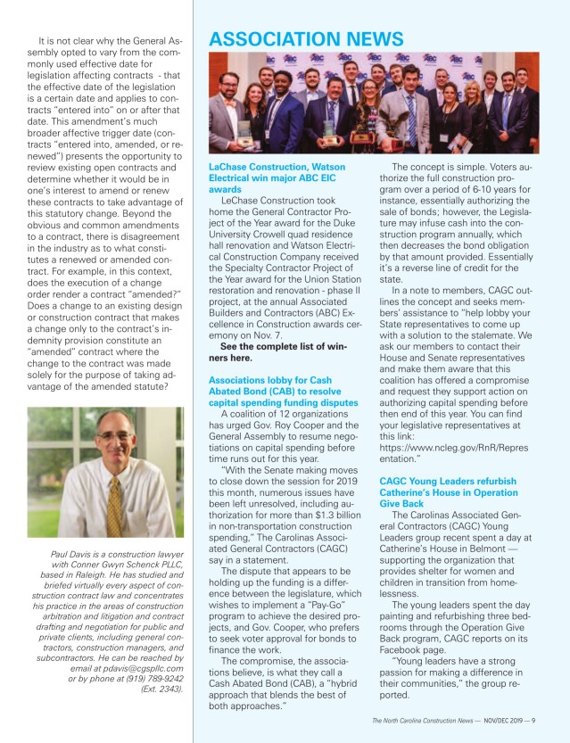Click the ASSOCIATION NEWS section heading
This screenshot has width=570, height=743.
306,38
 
